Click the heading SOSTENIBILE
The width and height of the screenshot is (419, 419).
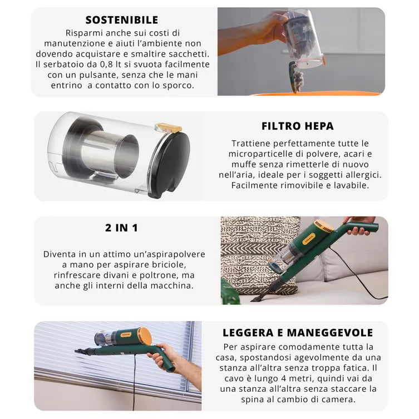122,20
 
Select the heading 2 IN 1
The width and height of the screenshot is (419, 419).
121,228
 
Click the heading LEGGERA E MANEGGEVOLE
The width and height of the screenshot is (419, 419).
298,333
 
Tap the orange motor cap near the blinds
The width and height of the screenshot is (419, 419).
144,336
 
